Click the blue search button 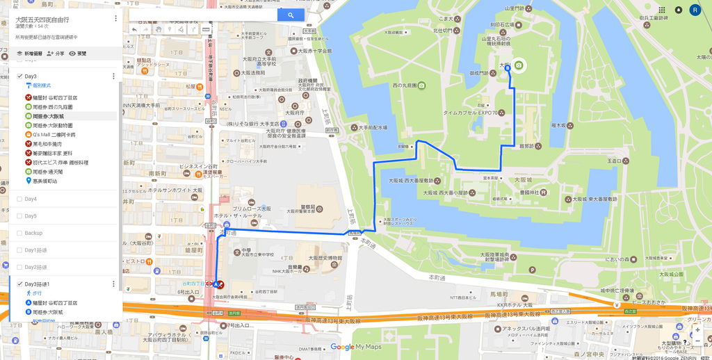tap(290, 15)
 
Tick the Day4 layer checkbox tap(19, 199)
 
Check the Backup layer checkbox tap(19, 234)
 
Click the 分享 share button tap(56, 54)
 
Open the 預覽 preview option tap(78, 54)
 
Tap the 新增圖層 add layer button tap(29, 54)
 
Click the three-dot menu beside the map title tap(115, 19)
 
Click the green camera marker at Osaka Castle tap(519, 65)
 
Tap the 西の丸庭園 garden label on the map tap(408, 85)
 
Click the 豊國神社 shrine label tap(534, 193)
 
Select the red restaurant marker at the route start tap(221, 285)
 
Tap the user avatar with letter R tap(695, 10)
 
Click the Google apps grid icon tap(661, 10)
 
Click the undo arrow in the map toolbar tap(135, 30)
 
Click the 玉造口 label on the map tap(614, 161)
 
